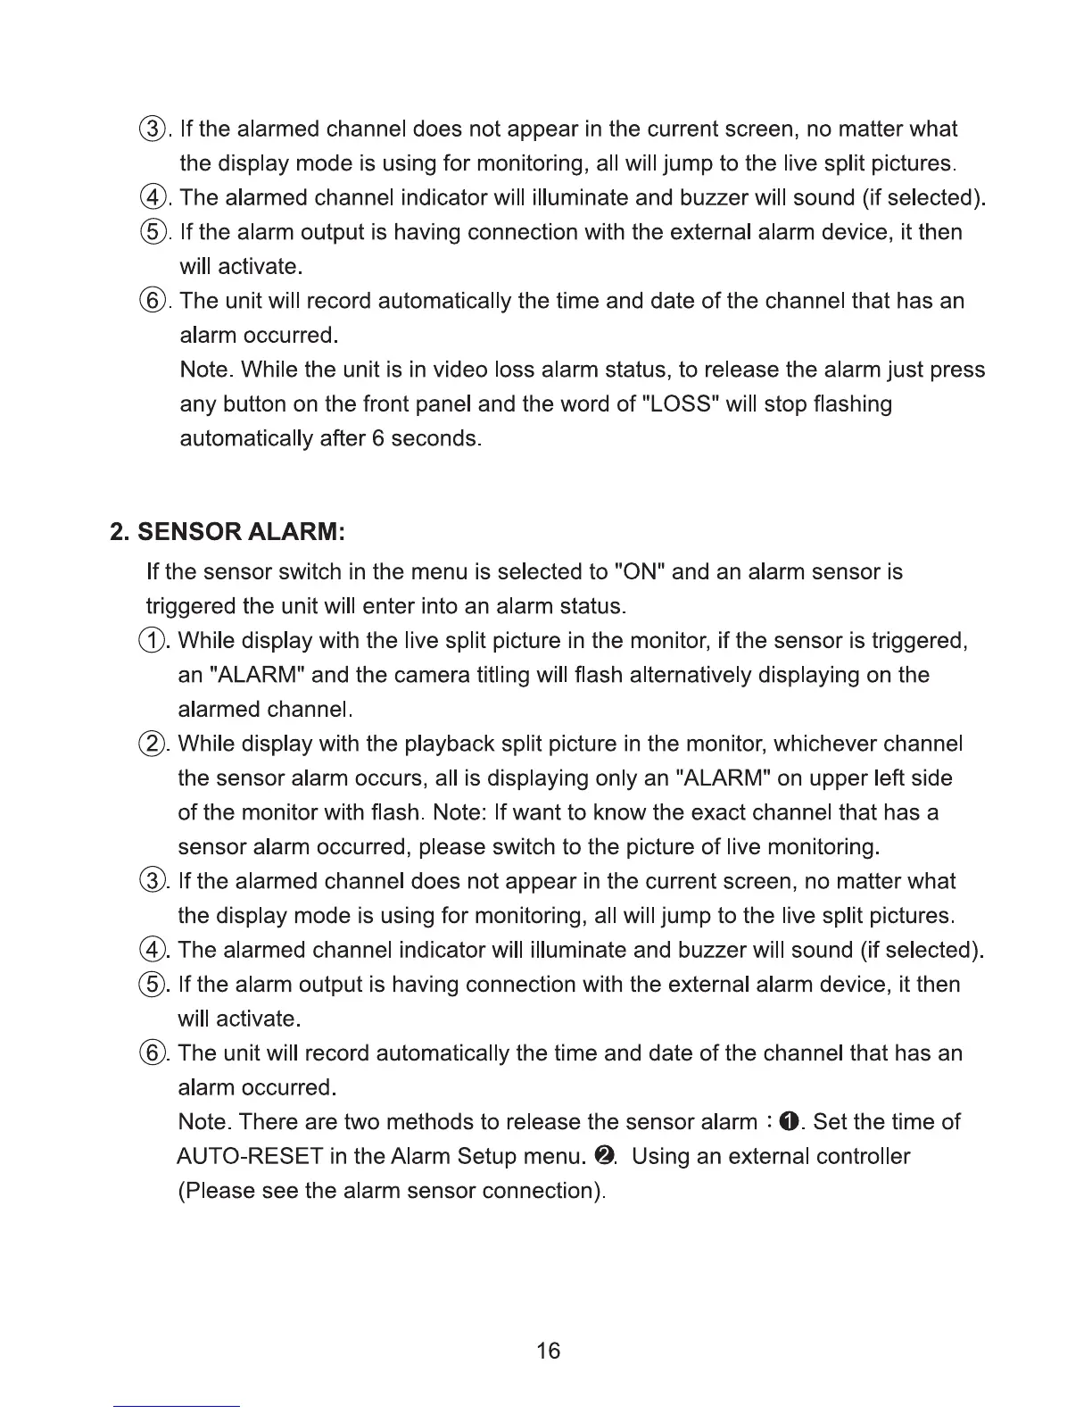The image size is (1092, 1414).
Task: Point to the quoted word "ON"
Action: click(x=640, y=571)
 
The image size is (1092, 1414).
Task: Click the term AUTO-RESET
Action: click(x=249, y=1157)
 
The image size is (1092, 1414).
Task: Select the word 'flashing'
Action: click(x=849, y=404)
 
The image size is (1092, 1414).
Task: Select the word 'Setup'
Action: click(x=485, y=1157)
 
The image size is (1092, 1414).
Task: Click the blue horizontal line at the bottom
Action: click(x=177, y=1407)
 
